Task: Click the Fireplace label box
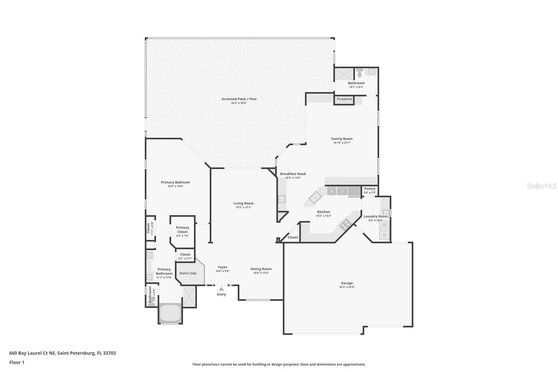[x=344, y=99]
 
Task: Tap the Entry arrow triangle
[x=221, y=289]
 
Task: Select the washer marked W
[x=385, y=225]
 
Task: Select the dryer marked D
[x=385, y=235]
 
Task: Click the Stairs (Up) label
[x=188, y=273]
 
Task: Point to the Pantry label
[x=370, y=189]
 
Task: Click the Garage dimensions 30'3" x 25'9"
[x=347, y=287]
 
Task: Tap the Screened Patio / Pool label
[x=239, y=99]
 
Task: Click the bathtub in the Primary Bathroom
[x=170, y=313]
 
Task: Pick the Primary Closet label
[x=182, y=230]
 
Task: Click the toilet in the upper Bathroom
[x=360, y=72]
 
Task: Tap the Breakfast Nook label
[x=293, y=174]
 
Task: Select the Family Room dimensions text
[x=342, y=143]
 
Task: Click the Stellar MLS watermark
[x=541, y=186]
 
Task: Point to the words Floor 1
[x=17, y=362]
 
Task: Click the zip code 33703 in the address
[x=109, y=353]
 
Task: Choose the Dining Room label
[x=261, y=269]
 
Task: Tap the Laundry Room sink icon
[x=386, y=213]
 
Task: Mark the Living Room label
[x=243, y=203]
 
